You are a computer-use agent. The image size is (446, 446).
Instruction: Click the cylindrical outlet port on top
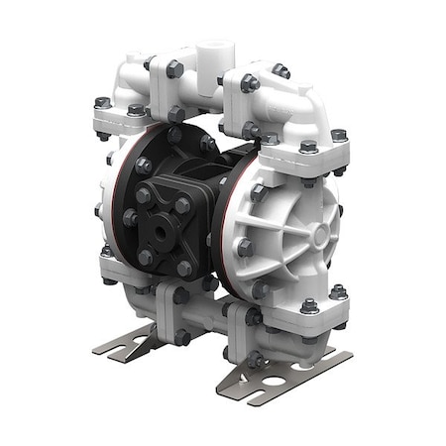214,53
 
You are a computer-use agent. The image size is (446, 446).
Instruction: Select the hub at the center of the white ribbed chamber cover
318,237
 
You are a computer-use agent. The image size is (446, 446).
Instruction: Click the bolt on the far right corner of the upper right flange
339,136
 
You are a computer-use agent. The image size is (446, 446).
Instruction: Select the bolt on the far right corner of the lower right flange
338,291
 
